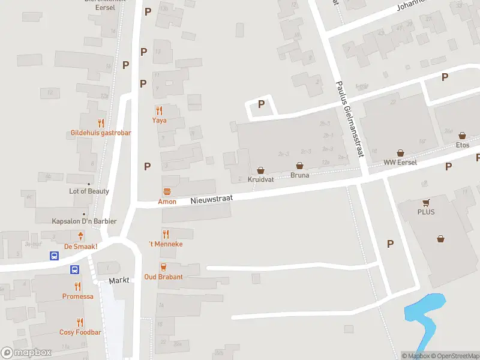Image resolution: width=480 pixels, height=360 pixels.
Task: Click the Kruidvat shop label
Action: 260,179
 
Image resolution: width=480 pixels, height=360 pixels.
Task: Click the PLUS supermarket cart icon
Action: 427,203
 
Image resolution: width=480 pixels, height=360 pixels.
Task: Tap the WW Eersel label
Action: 400,163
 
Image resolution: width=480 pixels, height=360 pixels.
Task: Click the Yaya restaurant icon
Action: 159,110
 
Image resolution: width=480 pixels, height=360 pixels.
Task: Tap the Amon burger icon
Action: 167,192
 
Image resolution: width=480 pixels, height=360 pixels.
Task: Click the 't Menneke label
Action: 166,244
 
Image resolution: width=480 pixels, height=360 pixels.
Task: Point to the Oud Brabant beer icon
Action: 163,267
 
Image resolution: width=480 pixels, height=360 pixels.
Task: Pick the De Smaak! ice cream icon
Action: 80,236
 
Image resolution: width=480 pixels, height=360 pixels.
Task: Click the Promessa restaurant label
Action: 78,296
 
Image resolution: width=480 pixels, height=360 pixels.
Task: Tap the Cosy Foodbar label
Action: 80,332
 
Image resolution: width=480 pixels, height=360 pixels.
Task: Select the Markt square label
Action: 119,281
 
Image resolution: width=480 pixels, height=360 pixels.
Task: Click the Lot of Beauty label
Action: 89,191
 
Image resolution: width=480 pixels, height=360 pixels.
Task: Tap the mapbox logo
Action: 26,353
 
